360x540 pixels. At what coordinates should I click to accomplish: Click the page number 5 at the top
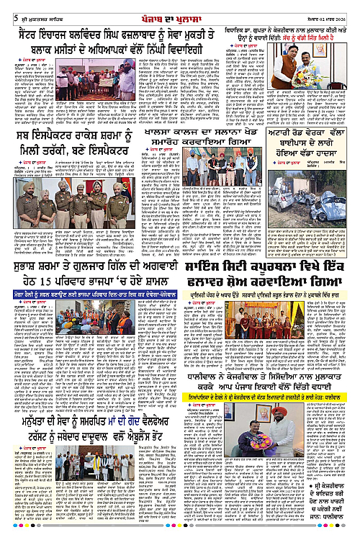pyautogui.click(x=6, y=8)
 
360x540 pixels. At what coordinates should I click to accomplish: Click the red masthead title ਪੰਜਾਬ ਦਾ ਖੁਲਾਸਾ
pyautogui.click(x=180, y=8)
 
